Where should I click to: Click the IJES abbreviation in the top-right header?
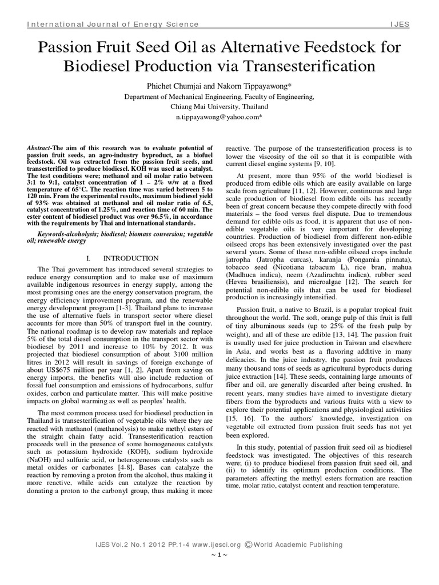(x=400, y=25)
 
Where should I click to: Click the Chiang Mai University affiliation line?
(x=219, y=106)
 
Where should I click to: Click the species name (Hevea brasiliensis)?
(x=261, y=282)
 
